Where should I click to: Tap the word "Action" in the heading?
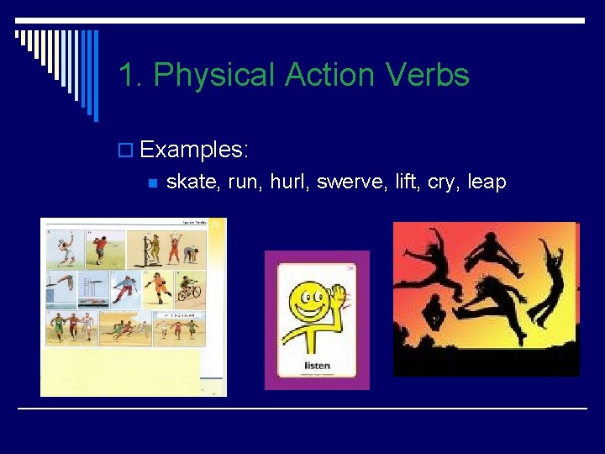[x=329, y=75]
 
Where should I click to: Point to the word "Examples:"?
[x=194, y=150]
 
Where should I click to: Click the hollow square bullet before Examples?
[x=127, y=150]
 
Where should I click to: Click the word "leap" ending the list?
[x=487, y=182]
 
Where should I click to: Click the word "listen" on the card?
[x=317, y=366]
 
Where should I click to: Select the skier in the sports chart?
[x=126, y=288]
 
